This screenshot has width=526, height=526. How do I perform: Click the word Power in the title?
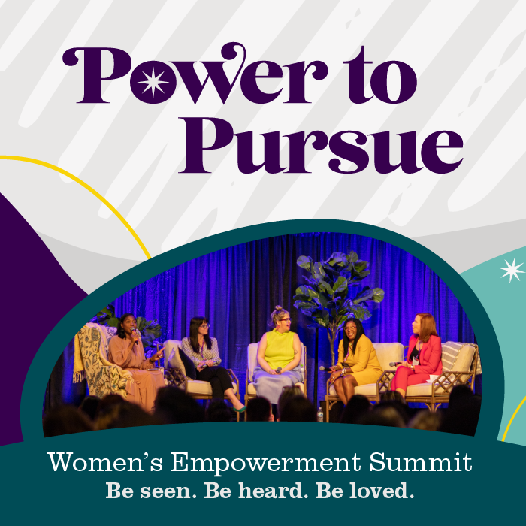(x=195, y=74)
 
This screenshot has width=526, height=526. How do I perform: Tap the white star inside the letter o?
(x=153, y=81)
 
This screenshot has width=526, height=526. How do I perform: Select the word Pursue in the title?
(x=320, y=145)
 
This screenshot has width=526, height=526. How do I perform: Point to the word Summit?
(x=421, y=462)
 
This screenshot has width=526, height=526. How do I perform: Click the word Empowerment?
(x=265, y=463)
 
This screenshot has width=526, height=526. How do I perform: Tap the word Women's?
(x=105, y=462)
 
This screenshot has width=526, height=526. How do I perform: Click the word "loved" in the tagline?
(x=380, y=491)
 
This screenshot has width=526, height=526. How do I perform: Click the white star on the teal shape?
(x=512, y=270)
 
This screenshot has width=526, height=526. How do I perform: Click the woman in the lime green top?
(x=278, y=355)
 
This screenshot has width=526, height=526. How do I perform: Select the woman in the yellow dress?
(x=355, y=360)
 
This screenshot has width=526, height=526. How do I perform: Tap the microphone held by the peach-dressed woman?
(x=135, y=335)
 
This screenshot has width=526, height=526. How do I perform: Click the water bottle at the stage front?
(x=320, y=415)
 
